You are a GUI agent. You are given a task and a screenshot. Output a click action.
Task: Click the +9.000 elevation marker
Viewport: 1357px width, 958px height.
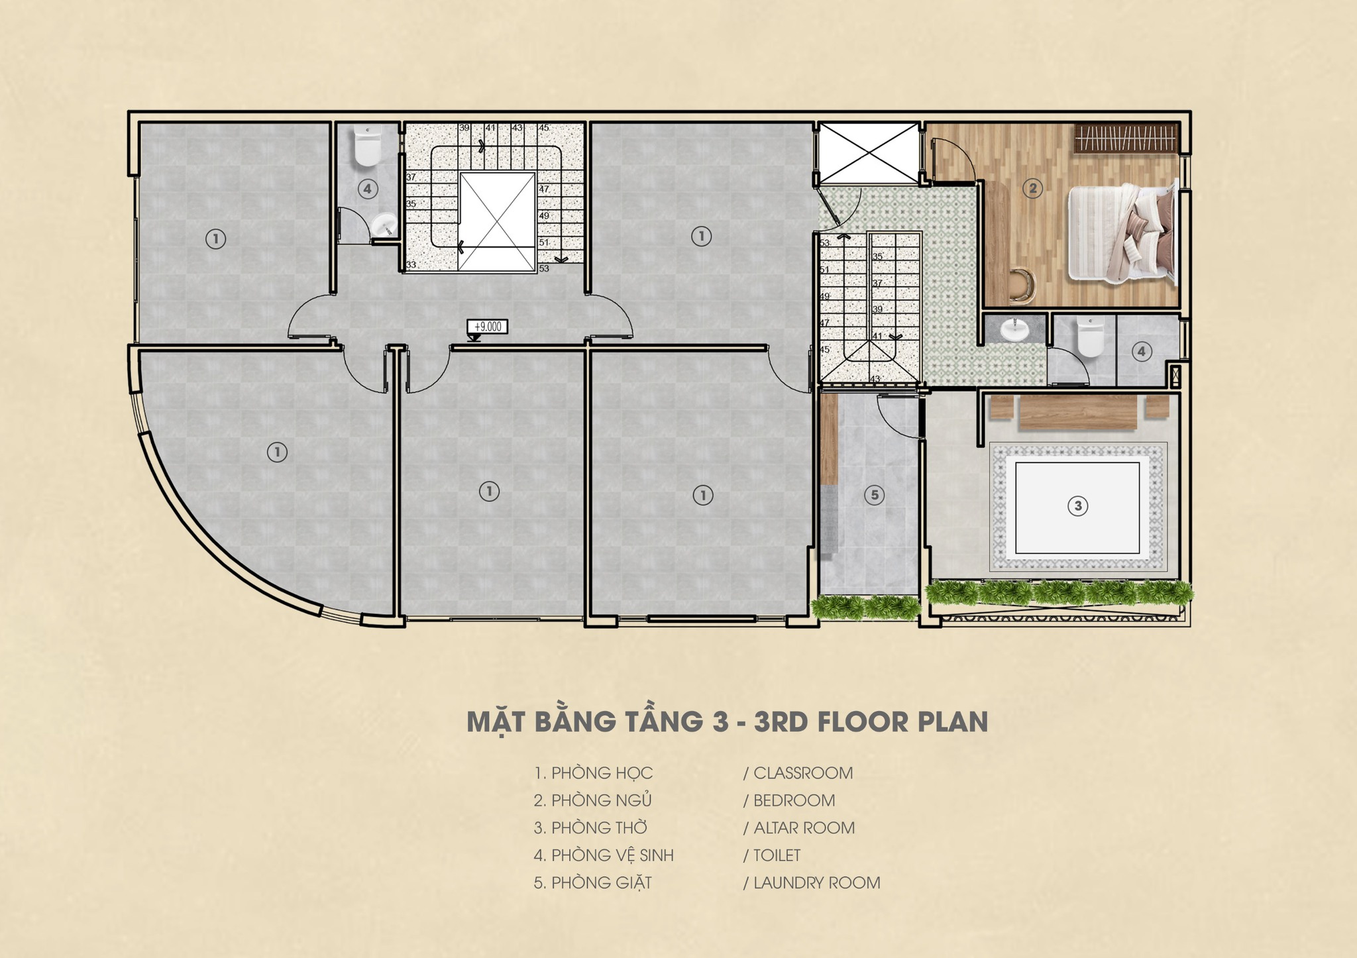488,327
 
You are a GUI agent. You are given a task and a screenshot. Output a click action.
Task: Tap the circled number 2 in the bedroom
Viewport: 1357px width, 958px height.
1032,189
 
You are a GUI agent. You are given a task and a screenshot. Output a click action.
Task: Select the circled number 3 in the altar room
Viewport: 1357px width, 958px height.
1077,506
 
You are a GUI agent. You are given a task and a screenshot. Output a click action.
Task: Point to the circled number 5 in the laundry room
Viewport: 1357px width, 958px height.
874,494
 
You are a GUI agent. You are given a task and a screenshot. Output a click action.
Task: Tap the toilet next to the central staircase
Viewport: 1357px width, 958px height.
367,146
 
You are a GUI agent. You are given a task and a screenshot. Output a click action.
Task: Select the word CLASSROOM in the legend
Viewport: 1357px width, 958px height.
803,772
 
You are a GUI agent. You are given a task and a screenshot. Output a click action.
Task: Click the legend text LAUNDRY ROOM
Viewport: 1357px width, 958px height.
817,882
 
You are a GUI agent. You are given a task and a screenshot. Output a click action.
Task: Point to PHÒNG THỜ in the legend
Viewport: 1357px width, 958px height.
599,827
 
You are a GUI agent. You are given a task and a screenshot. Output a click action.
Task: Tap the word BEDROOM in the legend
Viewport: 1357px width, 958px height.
794,800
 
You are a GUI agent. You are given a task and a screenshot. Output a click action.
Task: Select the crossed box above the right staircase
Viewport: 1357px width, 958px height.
869,152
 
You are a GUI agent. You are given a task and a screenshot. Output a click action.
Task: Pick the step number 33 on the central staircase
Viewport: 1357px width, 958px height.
411,265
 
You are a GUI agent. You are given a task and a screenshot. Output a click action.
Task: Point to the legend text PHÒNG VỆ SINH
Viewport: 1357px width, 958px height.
612,855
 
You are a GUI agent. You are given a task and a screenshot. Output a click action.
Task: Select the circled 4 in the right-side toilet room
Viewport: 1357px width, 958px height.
1141,351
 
